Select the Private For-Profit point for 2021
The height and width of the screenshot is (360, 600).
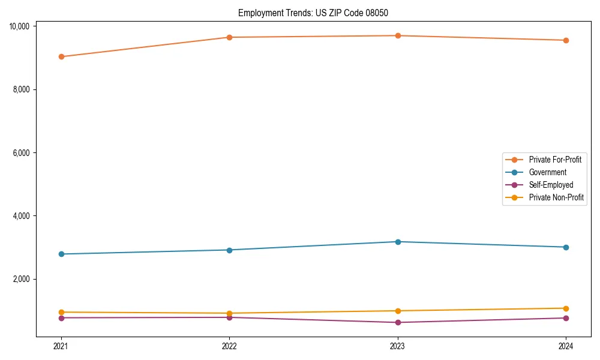tap(61, 57)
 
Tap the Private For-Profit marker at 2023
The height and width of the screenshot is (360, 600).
tap(398, 36)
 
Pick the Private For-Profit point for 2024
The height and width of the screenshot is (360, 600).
tap(566, 40)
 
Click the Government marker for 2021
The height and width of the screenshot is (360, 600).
tap(61, 254)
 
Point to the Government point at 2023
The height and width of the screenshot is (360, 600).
tap(398, 242)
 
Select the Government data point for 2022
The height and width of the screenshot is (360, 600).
tap(229, 250)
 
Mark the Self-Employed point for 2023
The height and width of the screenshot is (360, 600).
tap(398, 323)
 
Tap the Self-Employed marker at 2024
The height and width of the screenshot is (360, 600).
tap(566, 318)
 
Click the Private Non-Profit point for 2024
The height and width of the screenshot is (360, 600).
tap(566, 308)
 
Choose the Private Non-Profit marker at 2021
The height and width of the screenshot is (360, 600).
tap(61, 312)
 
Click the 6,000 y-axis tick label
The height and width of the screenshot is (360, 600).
tap(22, 153)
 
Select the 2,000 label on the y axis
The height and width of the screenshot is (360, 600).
tap(22, 280)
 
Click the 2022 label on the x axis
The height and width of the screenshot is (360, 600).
tap(229, 346)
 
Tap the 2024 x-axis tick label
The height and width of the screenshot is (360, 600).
tap(566, 346)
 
